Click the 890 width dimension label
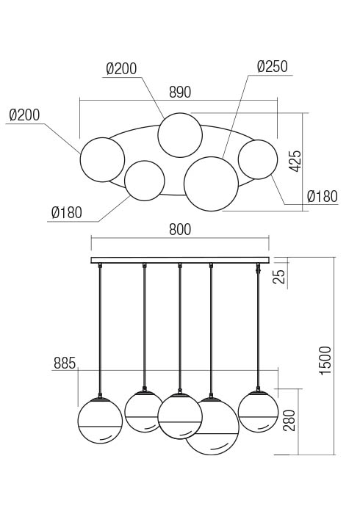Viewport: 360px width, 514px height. click(x=180, y=92)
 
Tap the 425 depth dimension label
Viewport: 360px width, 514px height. click(x=295, y=161)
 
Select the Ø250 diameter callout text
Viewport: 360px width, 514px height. click(x=272, y=67)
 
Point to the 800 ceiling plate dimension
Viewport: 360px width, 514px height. click(x=180, y=229)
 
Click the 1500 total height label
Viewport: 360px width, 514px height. click(x=325, y=361)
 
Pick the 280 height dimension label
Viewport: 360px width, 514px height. click(x=289, y=420)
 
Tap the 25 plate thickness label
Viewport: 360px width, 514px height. click(x=280, y=276)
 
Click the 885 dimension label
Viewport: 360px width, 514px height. click(x=65, y=363)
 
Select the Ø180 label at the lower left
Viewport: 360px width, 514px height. click(x=67, y=213)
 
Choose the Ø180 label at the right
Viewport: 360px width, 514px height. click(x=323, y=196)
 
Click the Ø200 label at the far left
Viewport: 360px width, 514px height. click(x=24, y=115)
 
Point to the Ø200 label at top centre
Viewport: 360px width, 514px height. click(x=121, y=69)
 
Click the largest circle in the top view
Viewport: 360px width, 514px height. click(x=211, y=184)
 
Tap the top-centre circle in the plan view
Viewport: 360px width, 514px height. click(x=180, y=135)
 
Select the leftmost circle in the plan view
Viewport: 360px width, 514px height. click(x=102, y=159)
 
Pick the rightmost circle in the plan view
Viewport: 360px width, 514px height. click(x=258, y=159)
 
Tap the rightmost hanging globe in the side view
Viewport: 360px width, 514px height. click(x=258, y=411)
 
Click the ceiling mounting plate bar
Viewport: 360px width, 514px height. click(x=180, y=260)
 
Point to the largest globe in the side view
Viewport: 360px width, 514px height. click(x=212, y=426)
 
